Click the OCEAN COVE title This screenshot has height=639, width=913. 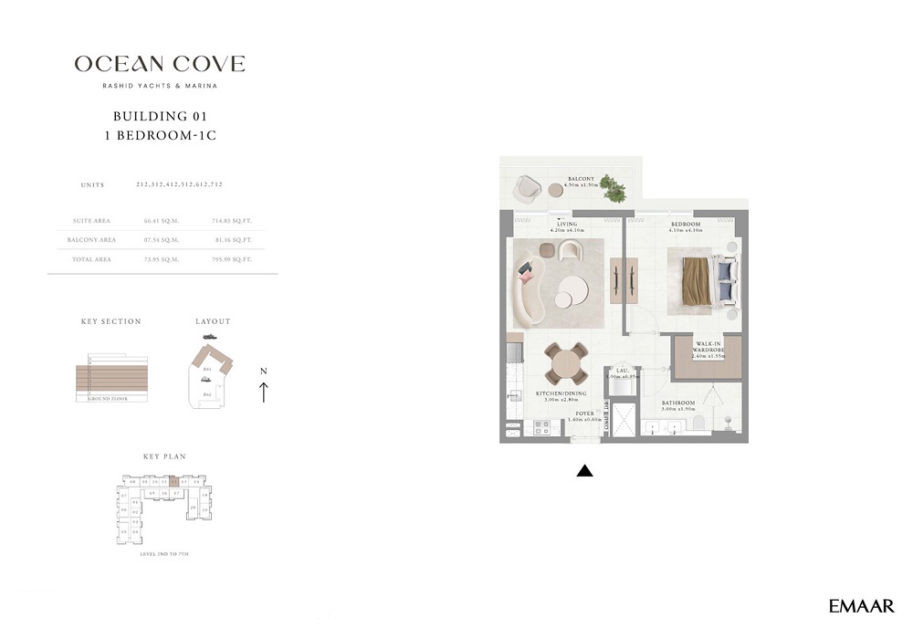tap(160, 64)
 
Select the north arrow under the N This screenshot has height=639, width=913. tap(264, 393)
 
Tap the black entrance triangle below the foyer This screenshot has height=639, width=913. tap(585, 471)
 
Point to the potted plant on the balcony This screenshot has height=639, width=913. tap(614, 190)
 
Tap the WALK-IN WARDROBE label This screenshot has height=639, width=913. tap(708, 349)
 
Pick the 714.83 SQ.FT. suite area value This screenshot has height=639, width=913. tap(231, 221)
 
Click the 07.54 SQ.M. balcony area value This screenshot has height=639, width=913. tap(162, 240)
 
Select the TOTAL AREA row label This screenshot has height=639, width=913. tap(90, 259)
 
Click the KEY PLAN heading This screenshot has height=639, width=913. tap(164, 456)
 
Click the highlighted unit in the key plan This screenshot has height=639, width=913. tap(173, 481)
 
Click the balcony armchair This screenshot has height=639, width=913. tap(528, 188)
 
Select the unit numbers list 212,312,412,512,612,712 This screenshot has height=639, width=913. tap(179, 184)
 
